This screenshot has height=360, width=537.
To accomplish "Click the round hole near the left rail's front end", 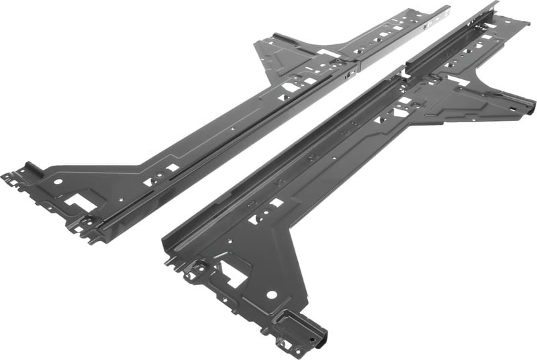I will point(58,181).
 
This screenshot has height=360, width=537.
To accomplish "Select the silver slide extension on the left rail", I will point(403,34).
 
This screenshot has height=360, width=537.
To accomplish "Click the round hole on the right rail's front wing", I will point(271,294).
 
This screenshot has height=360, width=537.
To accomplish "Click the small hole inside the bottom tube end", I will point(315,336).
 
